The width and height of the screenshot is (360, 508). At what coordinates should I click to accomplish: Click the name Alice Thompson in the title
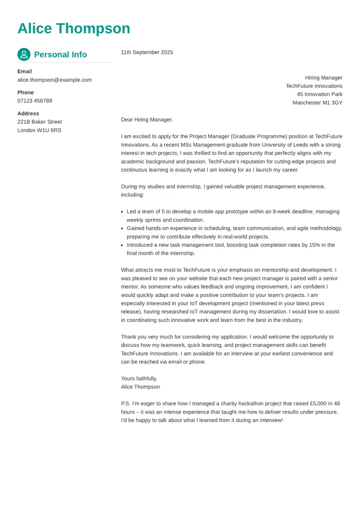click(x=73, y=29)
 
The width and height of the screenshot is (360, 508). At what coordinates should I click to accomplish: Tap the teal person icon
click(x=24, y=55)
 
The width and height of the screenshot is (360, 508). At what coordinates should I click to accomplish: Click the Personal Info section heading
click(x=60, y=55)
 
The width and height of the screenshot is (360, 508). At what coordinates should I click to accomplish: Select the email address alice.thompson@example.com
click(x=54, y=80)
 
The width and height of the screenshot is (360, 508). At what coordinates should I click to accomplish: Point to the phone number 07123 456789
click(x=35, y=101)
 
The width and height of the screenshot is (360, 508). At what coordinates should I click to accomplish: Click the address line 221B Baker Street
click(x=39, y=122)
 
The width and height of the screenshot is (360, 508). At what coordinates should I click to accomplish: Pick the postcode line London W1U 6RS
click(x=39, y=130)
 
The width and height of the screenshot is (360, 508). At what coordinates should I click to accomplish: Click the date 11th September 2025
click(x=147, y=52)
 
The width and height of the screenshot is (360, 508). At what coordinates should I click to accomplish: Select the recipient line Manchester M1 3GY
click(x=317, y=103)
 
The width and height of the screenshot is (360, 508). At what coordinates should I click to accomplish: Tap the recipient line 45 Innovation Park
click(x=319, y=95)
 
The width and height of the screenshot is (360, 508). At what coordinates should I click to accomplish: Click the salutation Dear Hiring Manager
click(x=146, y=119)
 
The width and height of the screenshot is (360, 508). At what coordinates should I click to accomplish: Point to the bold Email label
click(x=24, y=71)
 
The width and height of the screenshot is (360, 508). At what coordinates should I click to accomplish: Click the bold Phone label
click(x=25, y=93)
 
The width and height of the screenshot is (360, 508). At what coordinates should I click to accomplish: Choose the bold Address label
click(x=28, y=114)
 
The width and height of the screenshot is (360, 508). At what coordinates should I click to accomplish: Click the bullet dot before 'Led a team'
click(x=122, y=212)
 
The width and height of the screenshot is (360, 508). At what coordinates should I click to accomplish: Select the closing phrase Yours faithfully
click(x=139, y=378)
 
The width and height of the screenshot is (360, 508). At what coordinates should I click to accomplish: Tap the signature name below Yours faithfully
click(x=140, y=387)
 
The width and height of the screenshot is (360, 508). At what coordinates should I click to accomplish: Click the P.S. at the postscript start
click(x=126, y=404)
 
